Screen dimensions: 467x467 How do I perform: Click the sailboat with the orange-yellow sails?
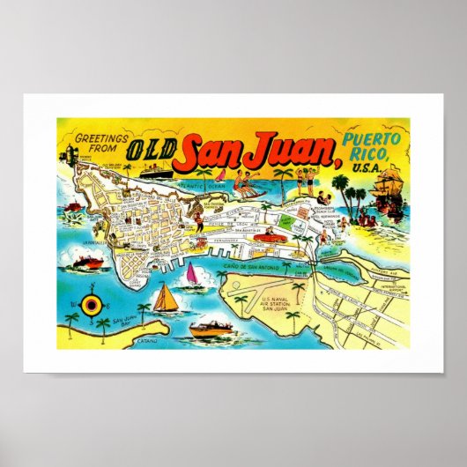point(164,298)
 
